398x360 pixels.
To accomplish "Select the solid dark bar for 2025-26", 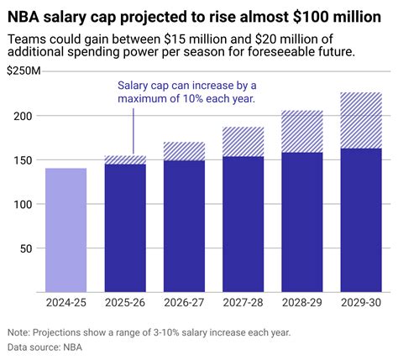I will pos(125,227).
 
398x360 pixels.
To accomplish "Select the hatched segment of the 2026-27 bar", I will pos(184,151).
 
